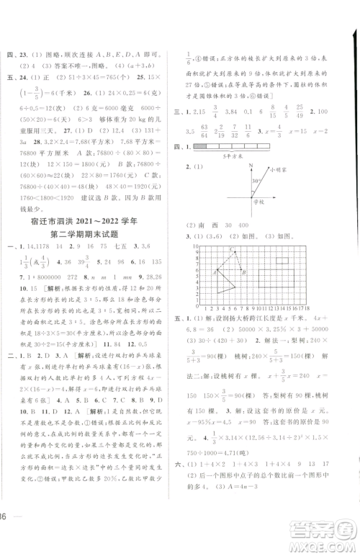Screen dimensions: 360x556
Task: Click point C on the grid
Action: click(231, 249)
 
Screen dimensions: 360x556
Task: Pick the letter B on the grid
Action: click(245, 272)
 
